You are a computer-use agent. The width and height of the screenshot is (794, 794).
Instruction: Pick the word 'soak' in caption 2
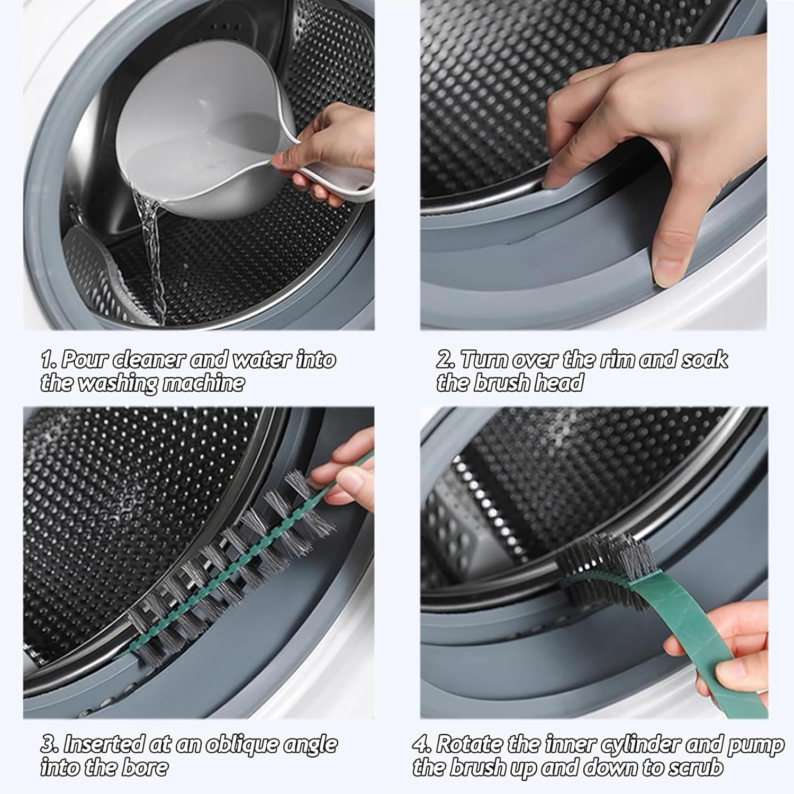704,360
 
